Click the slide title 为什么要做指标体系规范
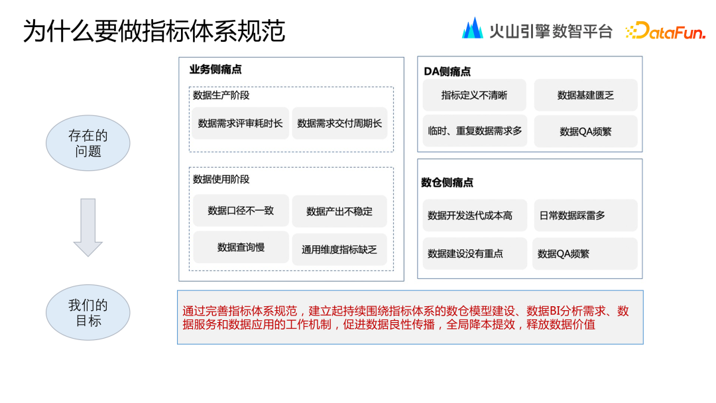154,31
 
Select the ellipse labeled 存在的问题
88,143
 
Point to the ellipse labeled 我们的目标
88,313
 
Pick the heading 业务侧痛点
215,70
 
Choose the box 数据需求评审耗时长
240,123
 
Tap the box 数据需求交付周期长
339,123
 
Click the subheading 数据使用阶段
221,179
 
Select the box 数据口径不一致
241,211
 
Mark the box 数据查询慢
241,247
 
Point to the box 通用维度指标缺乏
339,249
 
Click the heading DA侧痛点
447,71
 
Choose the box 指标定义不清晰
474,95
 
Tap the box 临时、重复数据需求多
475,131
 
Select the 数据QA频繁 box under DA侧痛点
585,131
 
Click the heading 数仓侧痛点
447,182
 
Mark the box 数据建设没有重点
475,253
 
